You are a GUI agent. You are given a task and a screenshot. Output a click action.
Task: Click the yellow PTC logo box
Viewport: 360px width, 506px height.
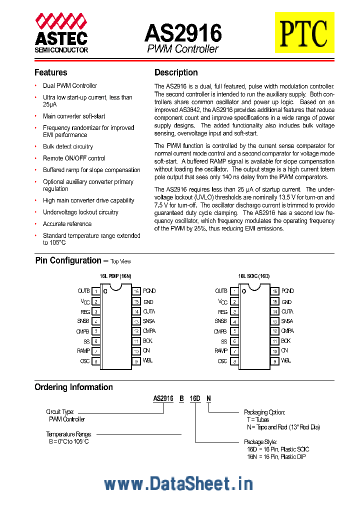point(304,32)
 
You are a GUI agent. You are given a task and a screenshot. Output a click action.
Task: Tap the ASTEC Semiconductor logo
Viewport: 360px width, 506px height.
point(61,33)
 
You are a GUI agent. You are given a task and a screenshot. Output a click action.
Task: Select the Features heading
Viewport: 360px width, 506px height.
point(50,72)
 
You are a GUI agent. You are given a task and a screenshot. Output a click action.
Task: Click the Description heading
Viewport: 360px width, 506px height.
point(176,72)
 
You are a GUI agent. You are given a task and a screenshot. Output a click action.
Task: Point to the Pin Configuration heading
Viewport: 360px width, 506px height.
point(68,260)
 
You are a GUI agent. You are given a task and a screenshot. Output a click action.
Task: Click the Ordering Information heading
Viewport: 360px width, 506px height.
point(73,387)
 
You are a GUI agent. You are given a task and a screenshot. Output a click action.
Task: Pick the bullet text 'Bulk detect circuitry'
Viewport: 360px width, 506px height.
point(68,146)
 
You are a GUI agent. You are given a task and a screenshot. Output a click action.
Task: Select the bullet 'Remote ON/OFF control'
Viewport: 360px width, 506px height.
point(74,158)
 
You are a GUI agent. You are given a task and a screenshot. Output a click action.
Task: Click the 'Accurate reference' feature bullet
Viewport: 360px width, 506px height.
point(67,224)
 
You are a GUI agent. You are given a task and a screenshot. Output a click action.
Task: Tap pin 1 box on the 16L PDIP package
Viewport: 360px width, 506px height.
point(95,291)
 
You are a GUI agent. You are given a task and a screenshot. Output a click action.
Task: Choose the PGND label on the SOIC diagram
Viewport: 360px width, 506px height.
point(287,291)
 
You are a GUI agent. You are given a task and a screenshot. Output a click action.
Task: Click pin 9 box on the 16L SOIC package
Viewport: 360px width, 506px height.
point(274,361)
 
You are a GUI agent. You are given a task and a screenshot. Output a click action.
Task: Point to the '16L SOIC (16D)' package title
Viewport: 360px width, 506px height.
point(253,275)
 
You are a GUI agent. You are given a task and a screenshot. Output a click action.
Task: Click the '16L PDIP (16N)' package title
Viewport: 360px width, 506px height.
point(115,275)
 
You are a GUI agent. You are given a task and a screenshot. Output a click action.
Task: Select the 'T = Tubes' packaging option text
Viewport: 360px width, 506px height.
point(258,420)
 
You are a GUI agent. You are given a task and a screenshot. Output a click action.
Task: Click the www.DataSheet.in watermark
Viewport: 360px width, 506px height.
point(178,483)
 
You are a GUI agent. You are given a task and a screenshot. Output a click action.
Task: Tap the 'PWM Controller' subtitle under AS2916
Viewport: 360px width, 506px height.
point(182,49)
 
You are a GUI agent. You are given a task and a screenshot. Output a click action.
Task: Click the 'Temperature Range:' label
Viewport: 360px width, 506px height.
point(69,434)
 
